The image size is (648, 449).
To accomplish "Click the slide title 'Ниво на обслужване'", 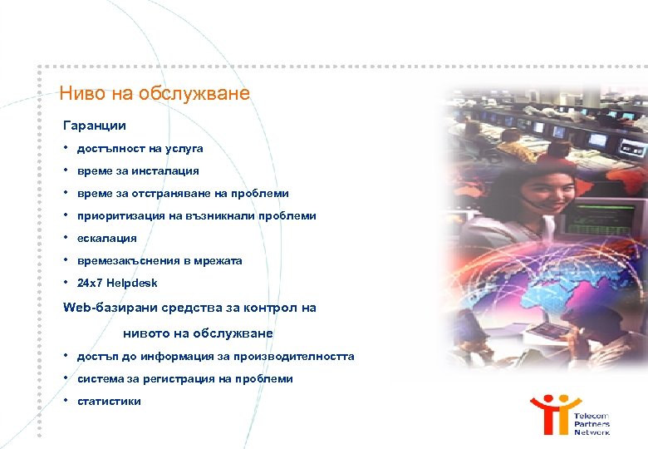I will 155,93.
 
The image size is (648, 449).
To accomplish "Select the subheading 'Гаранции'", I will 95,126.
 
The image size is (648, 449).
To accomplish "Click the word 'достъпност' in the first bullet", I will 106,149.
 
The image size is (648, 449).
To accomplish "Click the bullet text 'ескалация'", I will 106,239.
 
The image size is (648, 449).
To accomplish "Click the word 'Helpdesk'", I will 131,284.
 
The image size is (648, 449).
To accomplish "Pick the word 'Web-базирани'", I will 106,308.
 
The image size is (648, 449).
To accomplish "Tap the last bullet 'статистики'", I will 109,402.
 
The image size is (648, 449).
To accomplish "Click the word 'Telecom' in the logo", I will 592,416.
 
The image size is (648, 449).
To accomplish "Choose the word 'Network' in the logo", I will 592,432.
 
